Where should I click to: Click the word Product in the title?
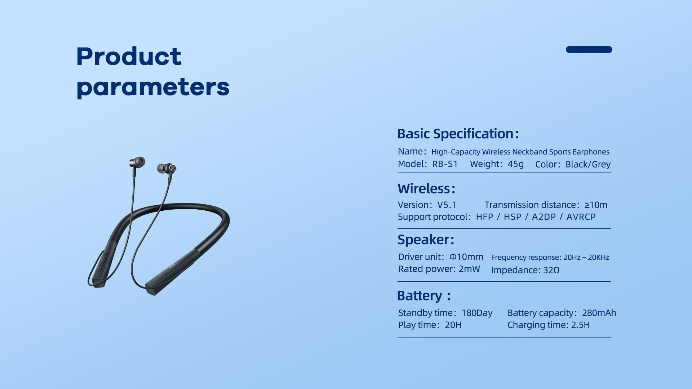click(129, 57)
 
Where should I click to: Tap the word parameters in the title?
click(153, 88)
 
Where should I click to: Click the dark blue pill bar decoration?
click(589, 49)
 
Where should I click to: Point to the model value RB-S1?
click(445, 164)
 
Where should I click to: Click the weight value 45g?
click(515, 164)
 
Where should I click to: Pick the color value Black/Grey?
click(588, 164)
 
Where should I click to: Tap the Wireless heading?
click(426, 189)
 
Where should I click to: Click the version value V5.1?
click(447, 205)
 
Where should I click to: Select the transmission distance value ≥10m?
click(596, 205)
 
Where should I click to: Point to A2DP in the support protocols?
click(544, 217)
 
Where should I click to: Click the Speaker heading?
click(426, 240)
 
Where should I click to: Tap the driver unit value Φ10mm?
click(466, 257)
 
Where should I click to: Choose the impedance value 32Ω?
click(551, 270)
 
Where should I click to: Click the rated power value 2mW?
click(469, 269)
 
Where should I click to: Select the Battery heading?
click(423, 296)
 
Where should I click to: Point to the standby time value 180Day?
click(477, 313)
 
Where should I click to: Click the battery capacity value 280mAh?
click(599, 313)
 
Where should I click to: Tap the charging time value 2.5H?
click(580, 325)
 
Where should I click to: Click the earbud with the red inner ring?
click(167, 168)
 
